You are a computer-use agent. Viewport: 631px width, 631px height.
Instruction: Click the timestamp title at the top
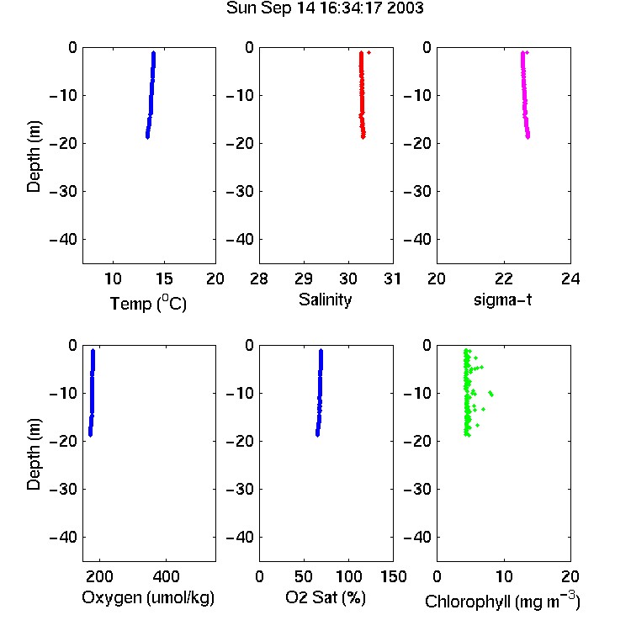tap(325, 8)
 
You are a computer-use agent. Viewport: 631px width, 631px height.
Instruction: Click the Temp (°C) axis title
tap(148, 304)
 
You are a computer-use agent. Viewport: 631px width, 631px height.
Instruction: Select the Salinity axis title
tap(325, 300)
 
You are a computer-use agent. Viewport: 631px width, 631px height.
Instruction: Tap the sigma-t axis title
tap(502, 300)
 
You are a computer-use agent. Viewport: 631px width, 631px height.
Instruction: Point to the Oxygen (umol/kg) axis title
tap(148, 597)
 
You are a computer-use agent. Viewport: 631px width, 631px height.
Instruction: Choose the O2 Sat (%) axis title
tap(326, 597)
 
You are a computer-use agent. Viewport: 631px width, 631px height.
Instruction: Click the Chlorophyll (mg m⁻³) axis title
tap(502, 601)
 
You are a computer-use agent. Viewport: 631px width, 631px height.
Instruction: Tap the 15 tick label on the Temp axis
tap(164, 278)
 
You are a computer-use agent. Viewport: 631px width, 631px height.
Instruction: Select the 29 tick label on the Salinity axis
tap(304, 278)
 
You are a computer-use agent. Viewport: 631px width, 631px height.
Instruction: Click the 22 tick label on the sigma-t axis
tap(503, 278)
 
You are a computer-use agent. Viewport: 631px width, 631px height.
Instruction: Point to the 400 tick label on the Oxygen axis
tap(167, 576)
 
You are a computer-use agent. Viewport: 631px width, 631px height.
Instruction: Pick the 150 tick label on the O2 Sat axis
tap(394, 576)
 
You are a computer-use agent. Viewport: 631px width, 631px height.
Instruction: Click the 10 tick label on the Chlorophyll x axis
tap(504, 576)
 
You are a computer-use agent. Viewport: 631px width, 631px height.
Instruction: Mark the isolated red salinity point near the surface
tap(369, 53)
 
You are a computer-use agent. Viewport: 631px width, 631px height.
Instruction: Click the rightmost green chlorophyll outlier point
tap(491, 395)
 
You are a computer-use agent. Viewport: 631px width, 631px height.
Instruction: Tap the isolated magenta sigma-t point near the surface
tap(528, 53)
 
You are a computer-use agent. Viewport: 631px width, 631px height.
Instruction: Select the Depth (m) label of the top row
tap(34, 156)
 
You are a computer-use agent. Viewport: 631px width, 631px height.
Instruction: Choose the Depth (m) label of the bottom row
tap(34, 454)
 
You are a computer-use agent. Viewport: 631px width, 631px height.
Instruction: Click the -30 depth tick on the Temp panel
tap(63, 192)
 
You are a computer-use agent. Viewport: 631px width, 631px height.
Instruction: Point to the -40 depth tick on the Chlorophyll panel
tap(417, 537)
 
